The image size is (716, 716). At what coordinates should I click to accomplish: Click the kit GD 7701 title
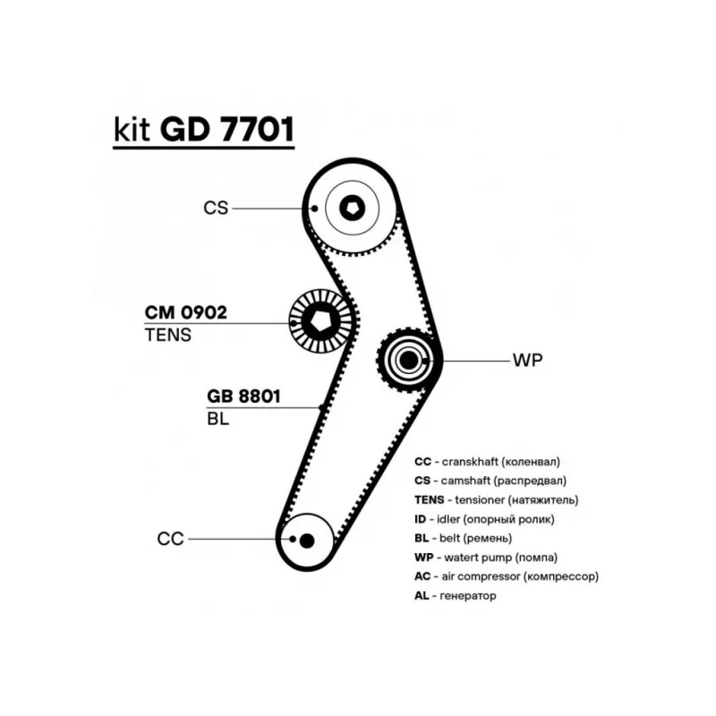[x=204, y=130]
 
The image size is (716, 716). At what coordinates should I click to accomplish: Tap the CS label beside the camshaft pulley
[x=216, y=208]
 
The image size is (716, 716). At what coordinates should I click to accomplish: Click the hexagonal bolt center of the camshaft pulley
[x=352, y=209]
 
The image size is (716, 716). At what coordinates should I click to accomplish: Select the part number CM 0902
[x=186, y=312]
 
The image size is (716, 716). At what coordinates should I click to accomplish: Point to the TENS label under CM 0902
[x=168, y=335]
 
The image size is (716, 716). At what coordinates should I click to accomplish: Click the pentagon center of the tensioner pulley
[x=320, y=322]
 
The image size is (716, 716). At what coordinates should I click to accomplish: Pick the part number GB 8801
[x=243, y=396]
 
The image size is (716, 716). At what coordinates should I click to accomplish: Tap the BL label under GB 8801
[x=217, y=419]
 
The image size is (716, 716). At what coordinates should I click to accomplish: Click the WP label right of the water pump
[x=528, y=361]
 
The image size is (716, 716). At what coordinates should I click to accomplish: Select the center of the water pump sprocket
[x=408, y=361]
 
